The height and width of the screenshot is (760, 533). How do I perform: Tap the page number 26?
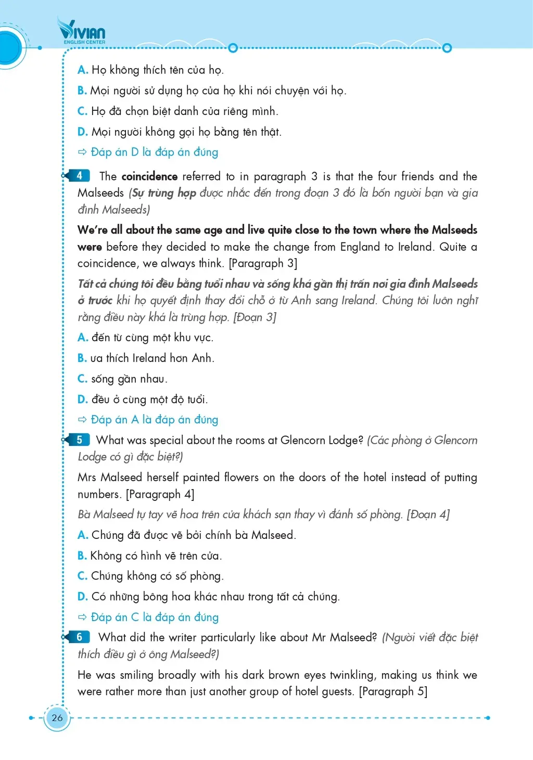click(57, 717)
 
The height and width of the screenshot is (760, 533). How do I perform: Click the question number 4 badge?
click(80, 176)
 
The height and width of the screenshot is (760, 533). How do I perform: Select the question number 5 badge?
click(80, 440)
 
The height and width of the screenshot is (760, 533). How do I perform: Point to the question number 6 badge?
click(80, 637)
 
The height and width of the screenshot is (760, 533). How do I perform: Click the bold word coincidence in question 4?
click(149, 176)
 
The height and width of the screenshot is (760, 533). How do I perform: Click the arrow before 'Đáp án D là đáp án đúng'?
click(82, 152)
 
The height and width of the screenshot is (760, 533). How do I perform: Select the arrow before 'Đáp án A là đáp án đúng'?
click(82, 419)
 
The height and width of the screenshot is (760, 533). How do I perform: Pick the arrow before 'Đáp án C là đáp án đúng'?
click(82, 617)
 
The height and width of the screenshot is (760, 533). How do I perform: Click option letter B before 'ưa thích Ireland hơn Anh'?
click(82, 358)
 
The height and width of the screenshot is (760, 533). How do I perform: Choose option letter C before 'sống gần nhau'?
click(82, 379)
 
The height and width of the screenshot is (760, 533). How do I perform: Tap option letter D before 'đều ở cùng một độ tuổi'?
click(82, 400)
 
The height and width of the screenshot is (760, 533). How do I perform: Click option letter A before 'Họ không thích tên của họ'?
click(82, 70)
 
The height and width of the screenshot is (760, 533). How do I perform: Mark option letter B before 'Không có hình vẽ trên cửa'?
click(82, 556)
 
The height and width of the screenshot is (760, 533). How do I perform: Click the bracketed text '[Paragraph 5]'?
click(393, 691)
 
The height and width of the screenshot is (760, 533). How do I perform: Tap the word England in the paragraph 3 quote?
click(361, 247)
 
